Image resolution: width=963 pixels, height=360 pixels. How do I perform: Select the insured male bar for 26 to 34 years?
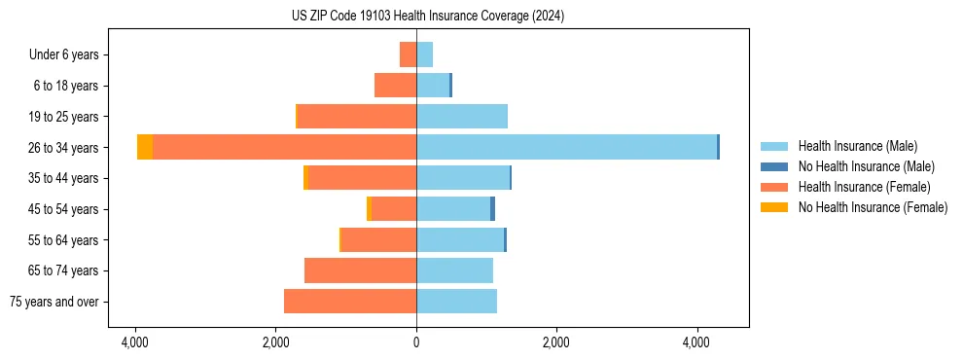pyautogui.click(x=566, y=147)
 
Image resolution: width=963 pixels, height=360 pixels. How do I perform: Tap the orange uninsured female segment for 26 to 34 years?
pyautogui.click(x=145, y=147)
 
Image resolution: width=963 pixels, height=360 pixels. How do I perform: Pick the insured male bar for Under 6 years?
pyautogui.click(x=425, y=54)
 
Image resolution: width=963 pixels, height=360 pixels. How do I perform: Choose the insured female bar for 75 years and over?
pyautogui.click(x=350, y=302)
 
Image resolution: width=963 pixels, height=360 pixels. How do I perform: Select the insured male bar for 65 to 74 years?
pyautogui.click(x=454, y=270)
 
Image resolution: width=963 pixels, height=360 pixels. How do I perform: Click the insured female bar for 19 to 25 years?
pyautogui.click(x=357, y=117)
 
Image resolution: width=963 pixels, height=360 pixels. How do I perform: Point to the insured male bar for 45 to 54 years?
pyautogui.click(x=453, y=209)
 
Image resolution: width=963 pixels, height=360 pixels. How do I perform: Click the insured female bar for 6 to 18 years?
pyautogui.click(x=395, y=86)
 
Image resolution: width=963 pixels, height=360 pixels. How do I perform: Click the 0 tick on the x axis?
pyautogui.click(x=416, y=342)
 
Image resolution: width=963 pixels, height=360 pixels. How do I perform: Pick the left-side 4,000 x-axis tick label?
pyautogui.click(x=135, y=342)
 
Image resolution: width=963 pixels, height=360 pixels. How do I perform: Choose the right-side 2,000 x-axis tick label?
pyautogui.click(x=556, y=342)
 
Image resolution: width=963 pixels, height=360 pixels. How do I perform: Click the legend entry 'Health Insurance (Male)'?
pyautogui.click(x=857, y=146)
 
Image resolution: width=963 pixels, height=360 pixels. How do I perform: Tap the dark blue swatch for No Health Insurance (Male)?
pyautogui.click(x=774, y=166)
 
